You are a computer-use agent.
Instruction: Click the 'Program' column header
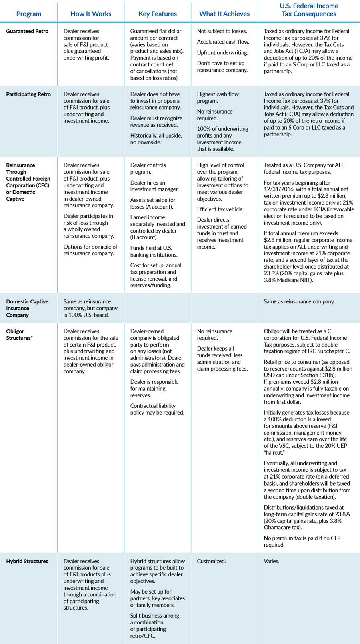coord(29,14)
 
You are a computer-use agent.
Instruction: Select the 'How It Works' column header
coord(91,14)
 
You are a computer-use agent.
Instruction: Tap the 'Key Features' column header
coord(158,14)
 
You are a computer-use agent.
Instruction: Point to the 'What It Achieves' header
coord(224,14)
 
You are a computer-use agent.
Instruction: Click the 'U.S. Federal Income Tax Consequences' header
coord(309,10)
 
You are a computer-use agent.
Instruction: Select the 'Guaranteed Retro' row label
coord(27,31)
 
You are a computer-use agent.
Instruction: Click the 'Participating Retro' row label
coord(28,94)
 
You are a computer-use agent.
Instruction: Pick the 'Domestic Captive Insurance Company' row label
coord(27,308)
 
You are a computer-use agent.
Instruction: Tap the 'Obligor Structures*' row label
coord(19,335)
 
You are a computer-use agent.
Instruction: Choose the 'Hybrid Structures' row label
coord(27,561)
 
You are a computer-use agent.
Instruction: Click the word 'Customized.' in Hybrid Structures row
coord(211,561)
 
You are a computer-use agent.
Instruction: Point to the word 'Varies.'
coord(272,561)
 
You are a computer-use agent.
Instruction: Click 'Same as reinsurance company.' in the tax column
coord(299,301)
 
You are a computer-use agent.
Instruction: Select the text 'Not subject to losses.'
coord(222,31)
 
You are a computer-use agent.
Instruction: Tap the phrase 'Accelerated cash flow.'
coord(223,42)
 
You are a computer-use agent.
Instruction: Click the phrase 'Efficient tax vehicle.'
coord(220,209)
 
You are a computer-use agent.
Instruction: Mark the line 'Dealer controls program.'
coord(148,169)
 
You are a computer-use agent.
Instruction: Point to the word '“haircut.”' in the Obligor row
coord(274,453)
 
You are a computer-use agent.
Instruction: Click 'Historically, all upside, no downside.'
coord(156,139)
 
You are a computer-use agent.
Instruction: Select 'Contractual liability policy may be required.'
coord(157,409)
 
